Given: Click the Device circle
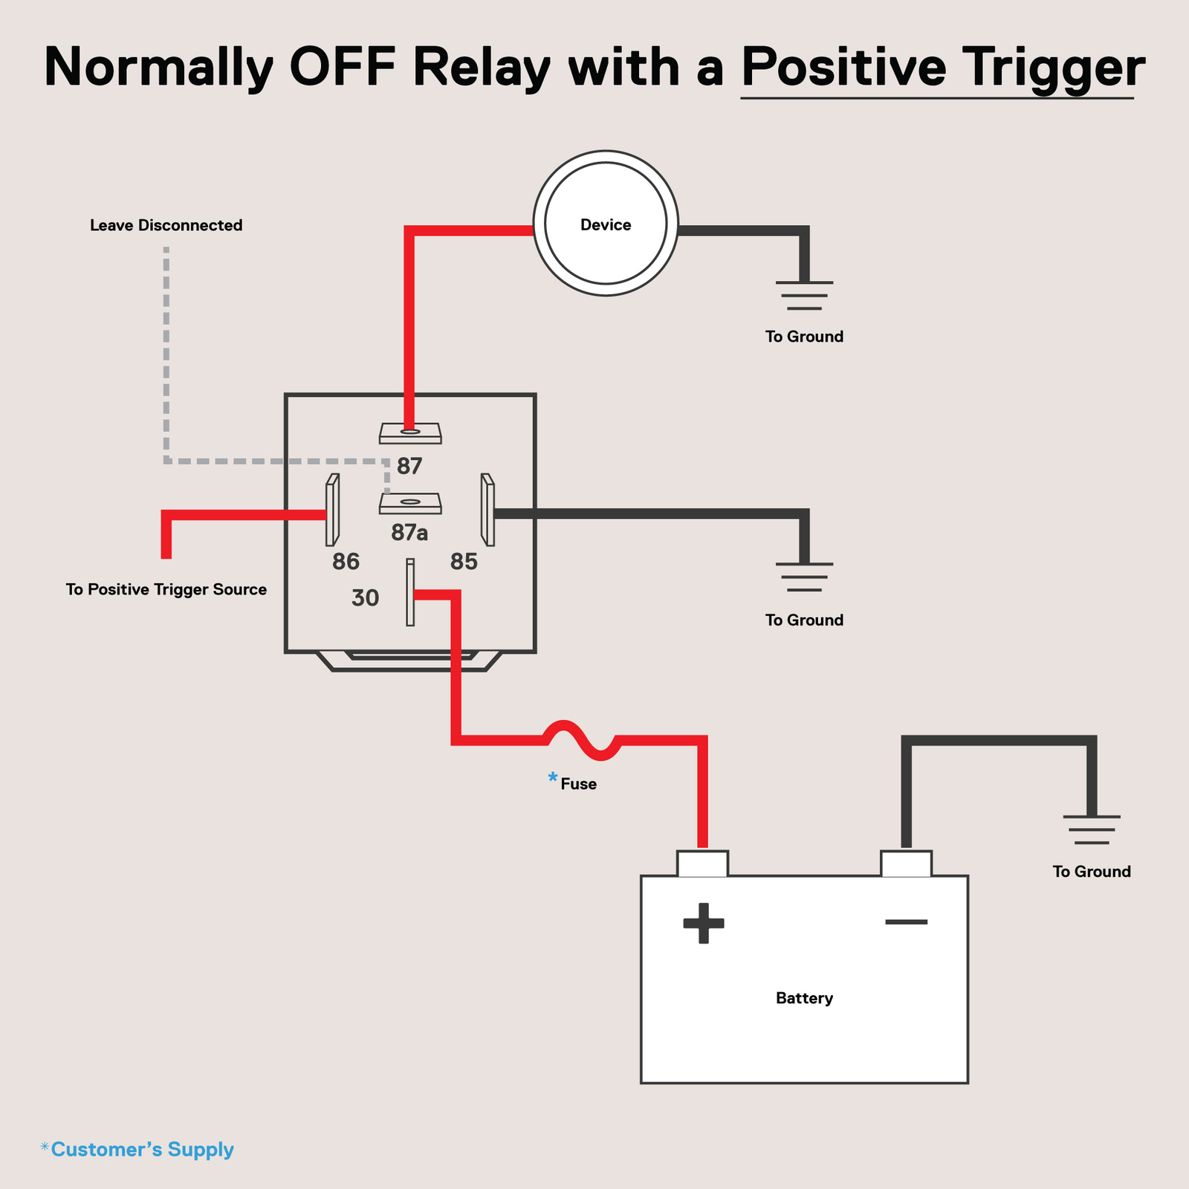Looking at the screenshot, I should click(x=606, y=224).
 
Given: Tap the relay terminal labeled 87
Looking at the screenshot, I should click(x=410, y=433).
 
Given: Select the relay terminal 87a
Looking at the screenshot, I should click(x=410, y=503).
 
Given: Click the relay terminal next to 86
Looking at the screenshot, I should click(x=332, y=510).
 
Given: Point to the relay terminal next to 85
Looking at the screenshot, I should click(x=487, y=510).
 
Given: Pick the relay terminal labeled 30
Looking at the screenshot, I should click(x=410, y=592).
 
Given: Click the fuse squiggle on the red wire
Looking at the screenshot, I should click(x=583, y=740).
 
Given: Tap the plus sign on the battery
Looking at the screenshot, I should click(x=703, y=923).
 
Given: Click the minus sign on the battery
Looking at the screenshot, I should click(x=906, y=922).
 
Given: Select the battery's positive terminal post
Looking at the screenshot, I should click(x=702, y=864).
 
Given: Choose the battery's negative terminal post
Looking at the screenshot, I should click(x=906, y=864).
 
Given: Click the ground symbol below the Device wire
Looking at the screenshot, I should click(x=804, y=295).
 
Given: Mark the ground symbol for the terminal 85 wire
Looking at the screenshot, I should click(x=804, y=577).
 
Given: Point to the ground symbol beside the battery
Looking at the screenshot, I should click(x=1091, y=829).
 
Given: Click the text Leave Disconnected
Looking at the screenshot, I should click(x=166, y=225).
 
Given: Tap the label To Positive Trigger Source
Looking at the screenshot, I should click(x=166, y=589).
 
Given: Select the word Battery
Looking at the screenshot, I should click(x=804, y=998).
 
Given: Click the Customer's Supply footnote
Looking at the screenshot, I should click(x=137, y=1150).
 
